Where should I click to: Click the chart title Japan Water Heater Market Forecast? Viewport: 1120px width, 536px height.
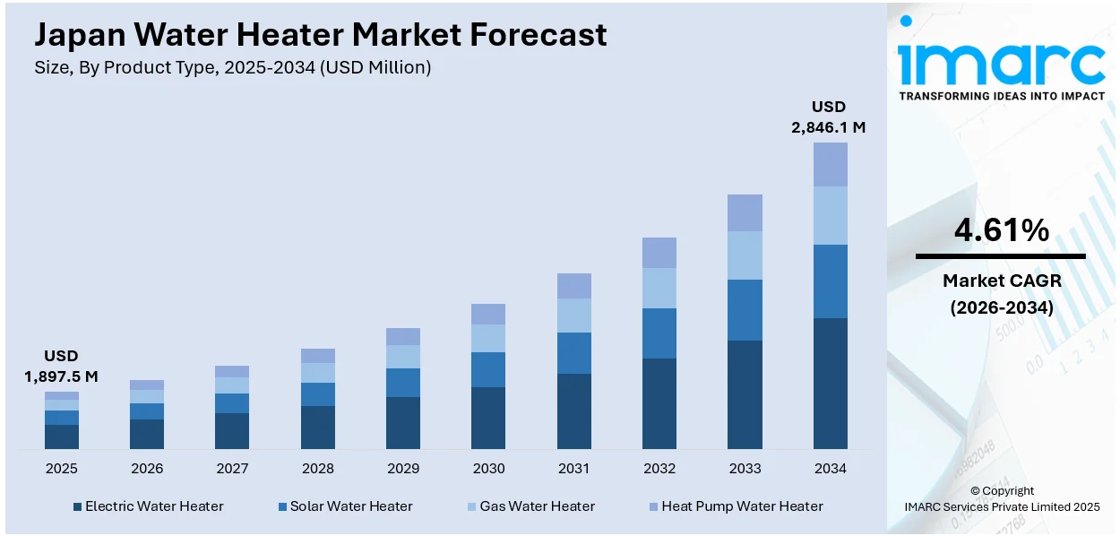tap(320, 35)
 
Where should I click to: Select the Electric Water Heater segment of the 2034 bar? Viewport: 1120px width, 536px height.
tap(830, 383)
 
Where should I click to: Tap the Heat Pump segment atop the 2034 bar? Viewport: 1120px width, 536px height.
tap(830, 164)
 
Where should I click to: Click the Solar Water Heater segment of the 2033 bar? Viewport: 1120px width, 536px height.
tap(745, 309)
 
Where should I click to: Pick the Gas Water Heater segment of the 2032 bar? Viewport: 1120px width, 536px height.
tap(659, 288)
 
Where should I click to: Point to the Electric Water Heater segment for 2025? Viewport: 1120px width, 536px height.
tap(62, 437)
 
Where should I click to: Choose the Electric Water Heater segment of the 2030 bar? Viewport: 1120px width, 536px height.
tap(488, 418)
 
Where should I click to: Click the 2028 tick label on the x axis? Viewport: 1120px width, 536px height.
tap(317, 469)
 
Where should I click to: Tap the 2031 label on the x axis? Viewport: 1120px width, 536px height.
tap(573, 469)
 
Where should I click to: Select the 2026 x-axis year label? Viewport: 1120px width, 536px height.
tap(147, 469)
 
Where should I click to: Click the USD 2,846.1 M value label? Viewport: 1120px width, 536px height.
tap(828, 117)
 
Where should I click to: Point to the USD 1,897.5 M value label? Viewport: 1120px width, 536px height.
tap(61, 367)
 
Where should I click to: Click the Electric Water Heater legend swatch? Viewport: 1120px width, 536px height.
tap(78, 507)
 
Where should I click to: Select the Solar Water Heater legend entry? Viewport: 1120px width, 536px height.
tap(350, 506)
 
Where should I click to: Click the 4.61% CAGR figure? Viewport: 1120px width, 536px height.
tap(1001, 231)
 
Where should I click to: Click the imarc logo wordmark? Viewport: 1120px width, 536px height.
tap(1001, 61)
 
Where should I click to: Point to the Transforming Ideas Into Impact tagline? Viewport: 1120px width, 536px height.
tap(1001, 96)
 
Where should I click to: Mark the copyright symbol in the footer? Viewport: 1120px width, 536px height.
tap(976, 491)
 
